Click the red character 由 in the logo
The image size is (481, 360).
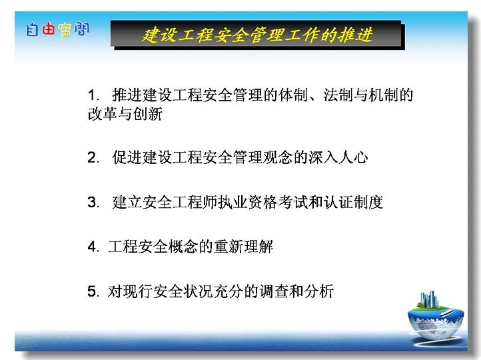[x=48, y=29]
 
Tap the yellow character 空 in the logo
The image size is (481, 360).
[x=65, y=30]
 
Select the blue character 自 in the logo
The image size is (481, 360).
[x=32, y=29]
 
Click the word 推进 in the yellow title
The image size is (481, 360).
[x=356, y=35]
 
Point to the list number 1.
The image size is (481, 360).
[x=93, y=95]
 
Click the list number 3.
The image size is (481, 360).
[x=93, y=202]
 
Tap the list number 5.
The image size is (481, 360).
[x=93, y=291]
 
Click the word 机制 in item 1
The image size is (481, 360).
[x=383, y=95]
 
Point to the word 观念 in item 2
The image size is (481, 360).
[x=278, y=157]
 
